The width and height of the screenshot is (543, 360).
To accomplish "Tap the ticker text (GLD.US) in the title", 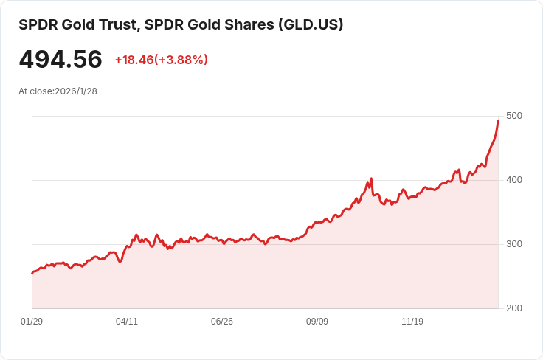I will point(311,24).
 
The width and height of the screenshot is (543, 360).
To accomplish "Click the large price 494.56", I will point(60,60).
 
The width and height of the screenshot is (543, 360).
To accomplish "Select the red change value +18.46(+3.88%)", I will point(161,60).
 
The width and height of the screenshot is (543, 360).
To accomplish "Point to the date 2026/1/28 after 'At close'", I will point(76,91).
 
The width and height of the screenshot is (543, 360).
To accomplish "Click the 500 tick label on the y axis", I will point(514,116).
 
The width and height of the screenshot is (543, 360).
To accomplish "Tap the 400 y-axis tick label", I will point(514,180).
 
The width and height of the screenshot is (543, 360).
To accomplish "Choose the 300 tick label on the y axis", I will point(514,244).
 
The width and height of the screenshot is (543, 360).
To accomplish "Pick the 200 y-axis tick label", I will point(514,308).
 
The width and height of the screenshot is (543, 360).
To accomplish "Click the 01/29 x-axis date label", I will point(32,322).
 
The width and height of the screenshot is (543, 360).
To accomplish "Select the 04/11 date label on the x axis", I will point(127,322).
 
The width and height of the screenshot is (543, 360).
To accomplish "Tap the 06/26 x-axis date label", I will point(222,322).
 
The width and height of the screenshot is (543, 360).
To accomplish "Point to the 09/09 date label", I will point(317,322).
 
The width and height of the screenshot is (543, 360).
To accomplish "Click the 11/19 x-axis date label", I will point(412,322).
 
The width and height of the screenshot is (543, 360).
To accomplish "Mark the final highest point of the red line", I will point(498,120).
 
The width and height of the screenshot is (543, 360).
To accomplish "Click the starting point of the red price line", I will point(32,273).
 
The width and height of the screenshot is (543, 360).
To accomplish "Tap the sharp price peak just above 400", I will point(371,178).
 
